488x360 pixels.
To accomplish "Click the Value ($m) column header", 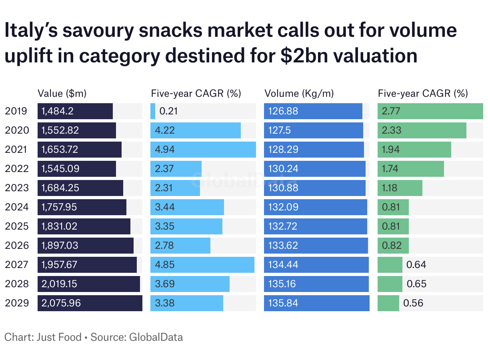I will point(62,94).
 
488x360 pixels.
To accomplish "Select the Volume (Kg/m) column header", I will point(299,94).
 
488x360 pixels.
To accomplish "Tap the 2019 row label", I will point(16,111).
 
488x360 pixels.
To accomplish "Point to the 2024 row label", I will point(16,207).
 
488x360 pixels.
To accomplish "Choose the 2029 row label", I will point(16,303).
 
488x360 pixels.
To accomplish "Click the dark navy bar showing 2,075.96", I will point(90,303).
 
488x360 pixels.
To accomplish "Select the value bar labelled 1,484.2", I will point(75,111).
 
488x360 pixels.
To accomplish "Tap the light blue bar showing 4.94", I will point(203,150).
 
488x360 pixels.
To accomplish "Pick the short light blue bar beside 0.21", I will point(153,111).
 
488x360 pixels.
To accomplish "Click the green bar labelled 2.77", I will point(430,111).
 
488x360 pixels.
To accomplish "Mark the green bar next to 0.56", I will point(388,303).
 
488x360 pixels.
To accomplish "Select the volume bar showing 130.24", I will point(315,169).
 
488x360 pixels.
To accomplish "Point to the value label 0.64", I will point(416,265).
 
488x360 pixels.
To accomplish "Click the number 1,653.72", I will point(60,150).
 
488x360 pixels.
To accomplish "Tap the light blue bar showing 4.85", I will point(202,265).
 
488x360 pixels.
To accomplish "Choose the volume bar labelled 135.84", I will point(317,303).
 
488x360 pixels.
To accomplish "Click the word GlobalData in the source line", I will point(156,337).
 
